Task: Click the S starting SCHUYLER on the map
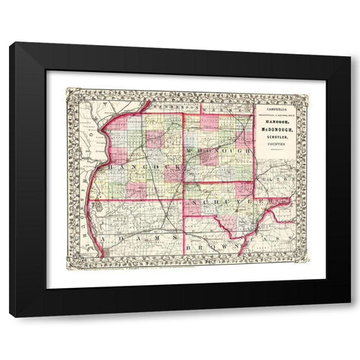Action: pos(193,203)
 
